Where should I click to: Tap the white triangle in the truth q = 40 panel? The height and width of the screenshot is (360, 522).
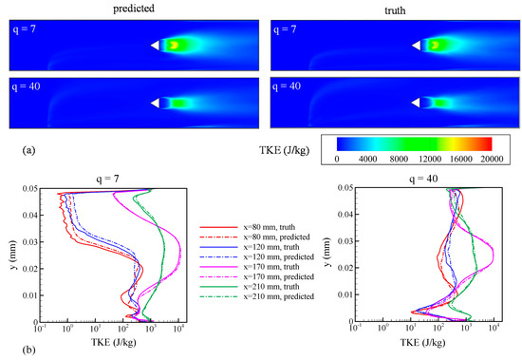417,103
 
